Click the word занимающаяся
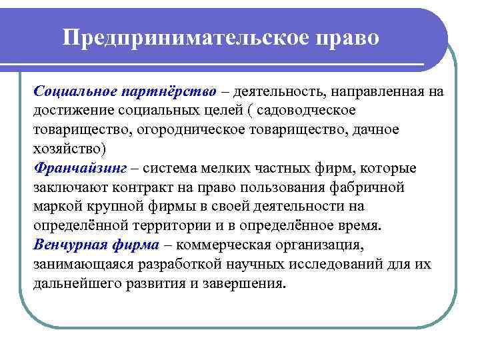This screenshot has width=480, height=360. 81,263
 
